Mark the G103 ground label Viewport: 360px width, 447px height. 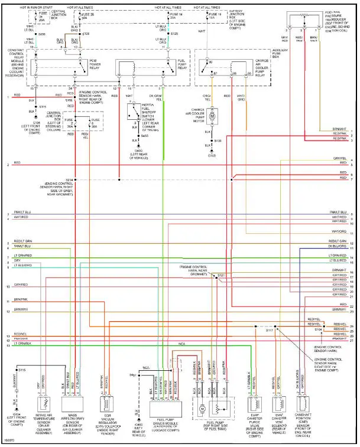point(212,155)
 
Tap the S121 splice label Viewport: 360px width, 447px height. point(220,275)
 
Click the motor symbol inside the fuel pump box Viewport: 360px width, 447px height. point(202,408)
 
